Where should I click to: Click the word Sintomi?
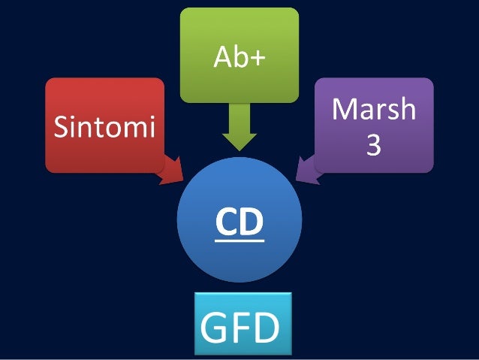tap(104, 127)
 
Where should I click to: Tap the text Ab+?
tap(239, 57)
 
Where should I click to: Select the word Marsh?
tap(374, 110)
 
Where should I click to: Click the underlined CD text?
tap(239, 222)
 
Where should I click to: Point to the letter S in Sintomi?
tap(60, 127)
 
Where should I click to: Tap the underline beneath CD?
tap(239, 241)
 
